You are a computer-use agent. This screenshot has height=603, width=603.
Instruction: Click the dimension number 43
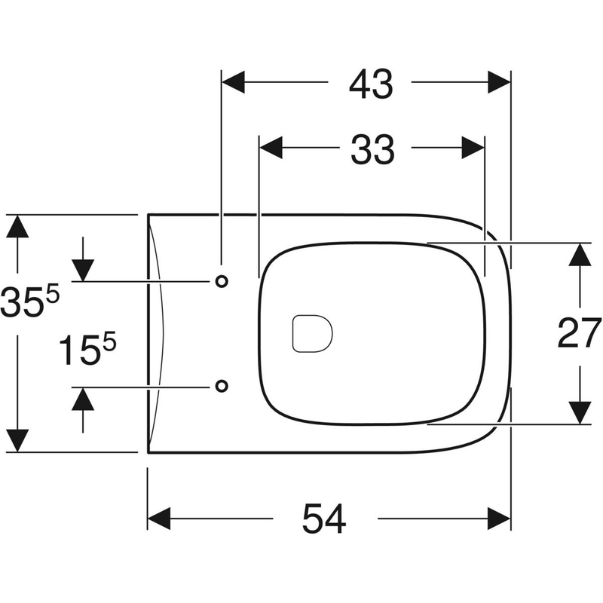click(x=371, y=84)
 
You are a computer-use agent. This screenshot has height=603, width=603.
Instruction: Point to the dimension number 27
click(x=579, y=332)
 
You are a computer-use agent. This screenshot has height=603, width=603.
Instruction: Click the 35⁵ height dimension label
click(x=29, y=301)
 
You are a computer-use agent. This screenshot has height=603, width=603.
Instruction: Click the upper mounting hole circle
click(x=221, y=281)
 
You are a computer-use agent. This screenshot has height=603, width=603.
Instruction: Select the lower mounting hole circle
click(x=221, y=386)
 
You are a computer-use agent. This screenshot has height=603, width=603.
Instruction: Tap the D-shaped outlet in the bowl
click(x=311, y=332)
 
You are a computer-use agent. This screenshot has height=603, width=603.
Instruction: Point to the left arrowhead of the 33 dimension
click(x=271, y=148)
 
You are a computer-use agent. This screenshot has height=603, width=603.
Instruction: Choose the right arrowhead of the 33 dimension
click(x=473, y=148)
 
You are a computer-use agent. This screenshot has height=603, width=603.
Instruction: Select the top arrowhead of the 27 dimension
click(x=579, y=255)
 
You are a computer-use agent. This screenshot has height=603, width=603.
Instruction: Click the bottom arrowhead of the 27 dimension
click(x=579, y=412)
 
